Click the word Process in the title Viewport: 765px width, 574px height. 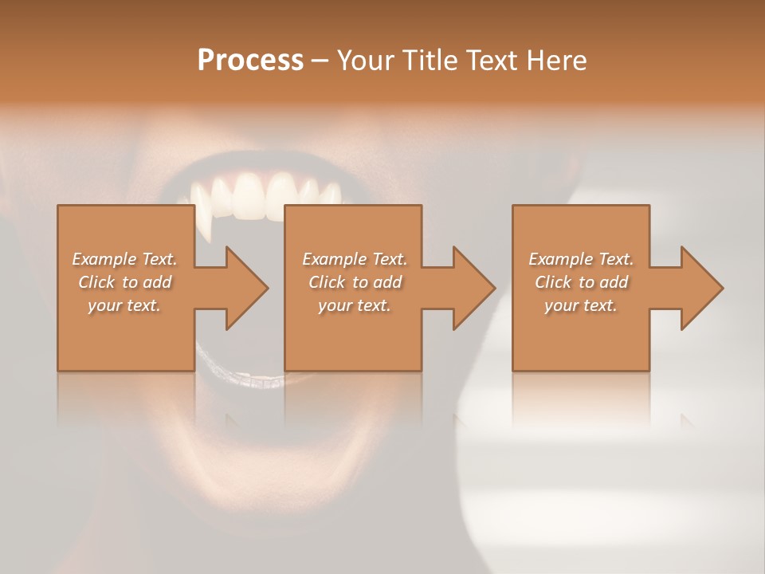250,61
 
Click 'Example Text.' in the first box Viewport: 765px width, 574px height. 124,259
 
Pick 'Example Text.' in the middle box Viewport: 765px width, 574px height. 355,259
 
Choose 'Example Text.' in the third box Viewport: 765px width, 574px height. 581,259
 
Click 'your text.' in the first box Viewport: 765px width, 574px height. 124,305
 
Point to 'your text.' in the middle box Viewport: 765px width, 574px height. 355,305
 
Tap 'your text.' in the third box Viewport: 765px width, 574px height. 581,305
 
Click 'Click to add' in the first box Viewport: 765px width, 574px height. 124,282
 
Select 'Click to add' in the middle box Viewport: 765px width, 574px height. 355,282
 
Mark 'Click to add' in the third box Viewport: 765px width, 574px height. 581,282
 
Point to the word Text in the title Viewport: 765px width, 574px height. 493,61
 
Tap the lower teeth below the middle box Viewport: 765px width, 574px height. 263,382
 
